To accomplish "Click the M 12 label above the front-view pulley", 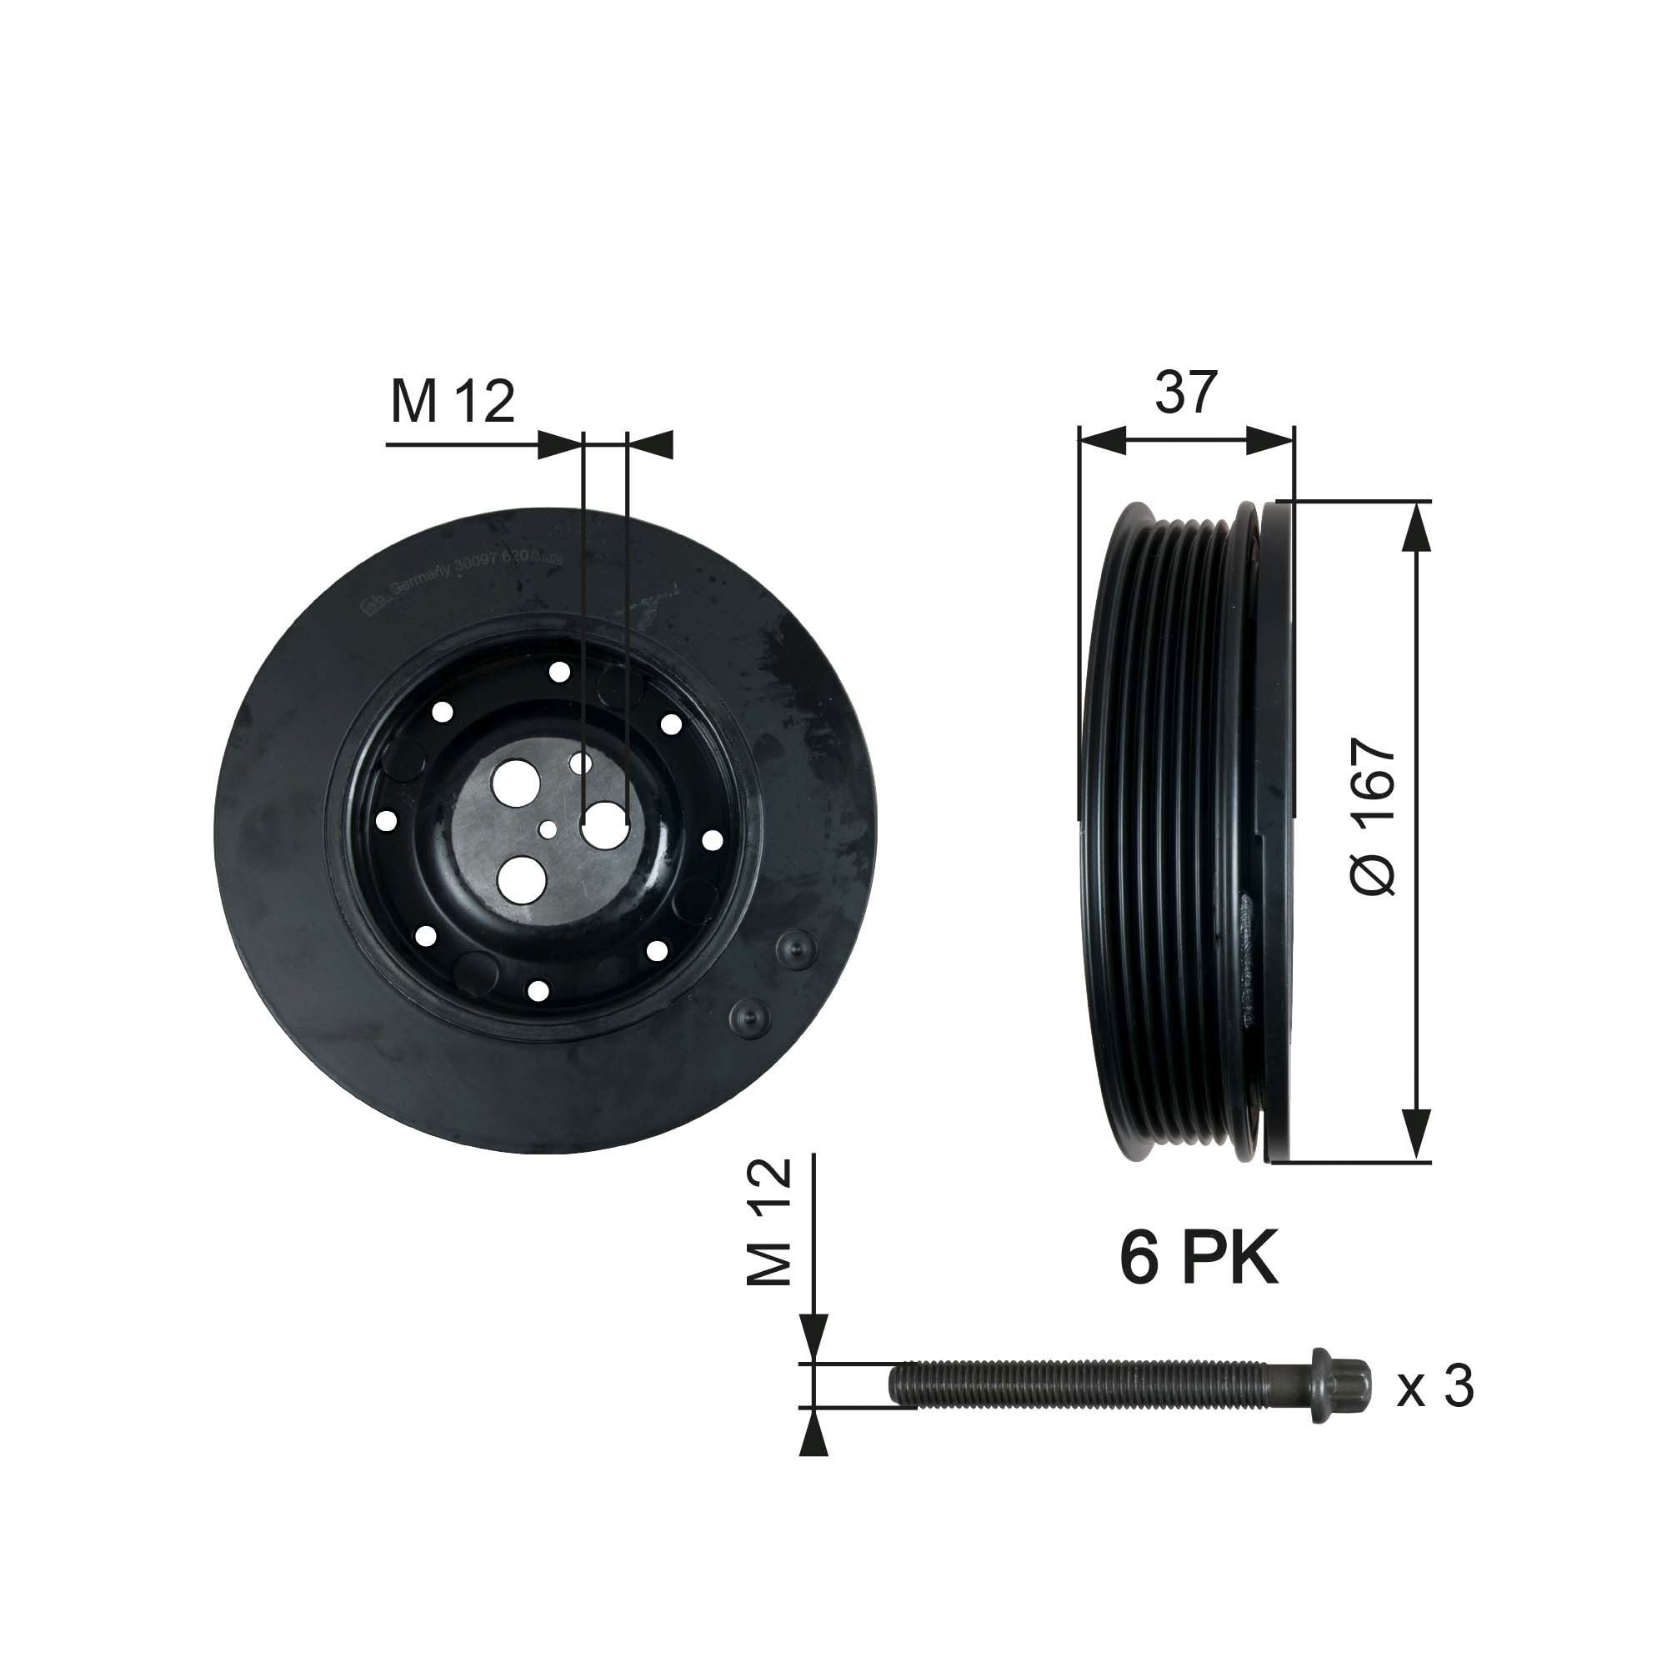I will click(x=452, y=402).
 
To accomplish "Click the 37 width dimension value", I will click(x=1185, y=393).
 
